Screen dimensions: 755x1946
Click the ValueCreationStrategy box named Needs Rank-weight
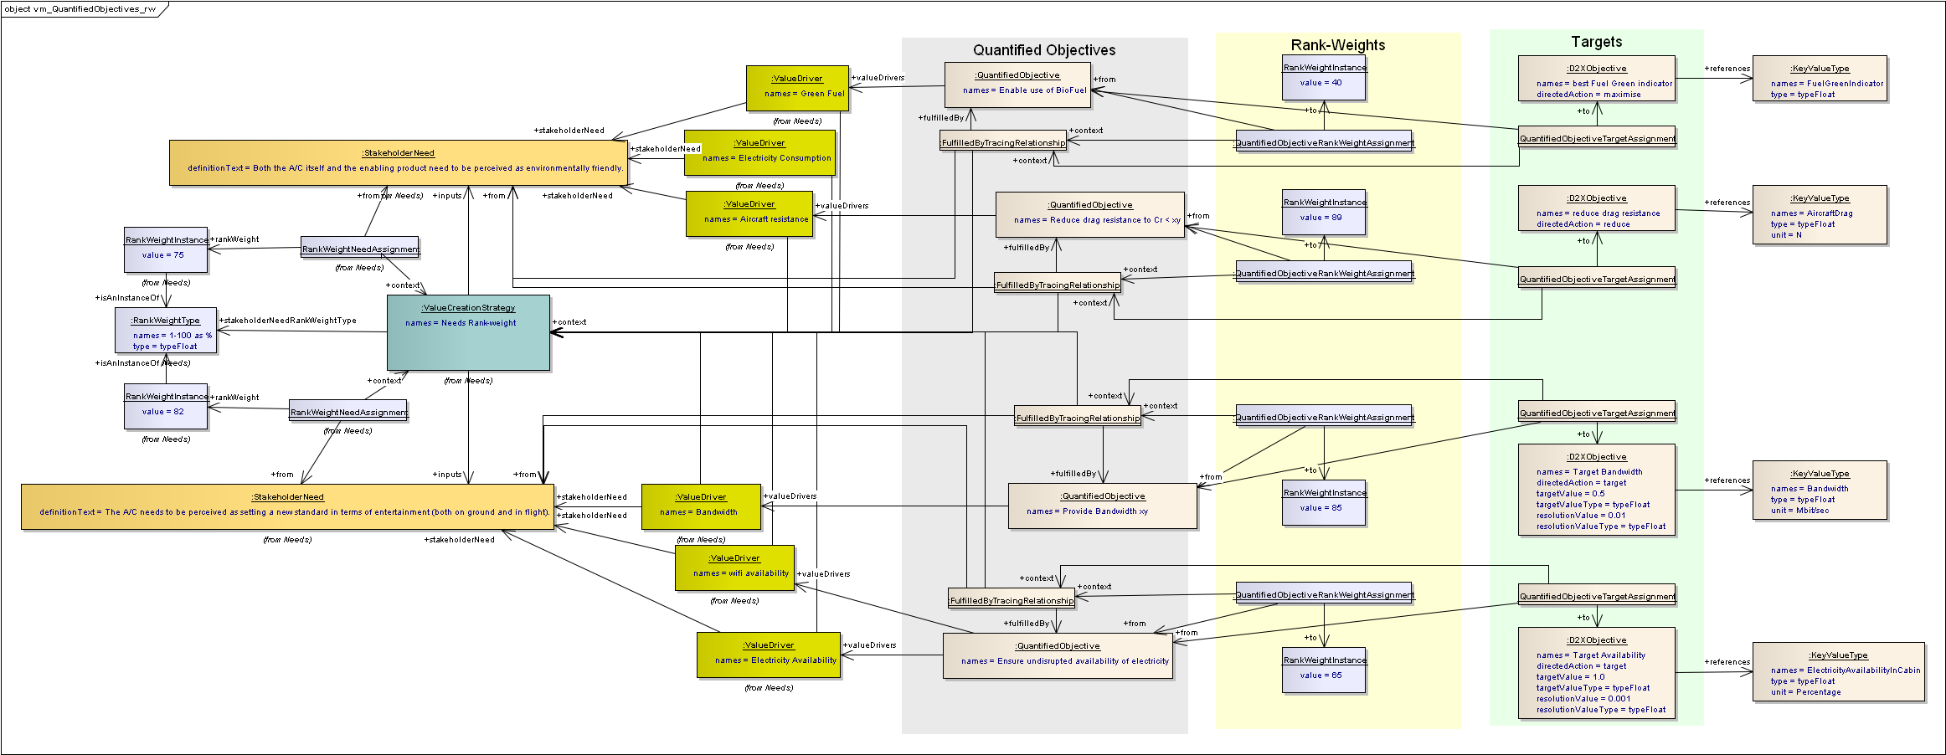point(468,332)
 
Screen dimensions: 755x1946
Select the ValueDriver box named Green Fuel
point(797,88)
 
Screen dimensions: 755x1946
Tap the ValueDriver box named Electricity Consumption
point(759,152)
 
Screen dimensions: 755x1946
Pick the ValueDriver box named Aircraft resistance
point(749,213)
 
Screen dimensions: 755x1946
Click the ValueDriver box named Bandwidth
point(701,506)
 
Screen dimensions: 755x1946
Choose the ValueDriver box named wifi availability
point(734,568)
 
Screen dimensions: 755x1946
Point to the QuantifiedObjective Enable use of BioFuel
point(1017,85)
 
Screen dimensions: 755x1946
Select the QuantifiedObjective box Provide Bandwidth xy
point(1102,506)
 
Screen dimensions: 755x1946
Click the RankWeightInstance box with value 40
point(1324,77)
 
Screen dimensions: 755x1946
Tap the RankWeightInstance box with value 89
point(1324,212)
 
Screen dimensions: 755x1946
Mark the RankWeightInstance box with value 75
point(166,249)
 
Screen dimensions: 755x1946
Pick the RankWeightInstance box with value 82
point(166,406)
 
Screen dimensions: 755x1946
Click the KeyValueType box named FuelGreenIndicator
point(1820,79)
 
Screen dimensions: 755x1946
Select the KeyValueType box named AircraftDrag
point(1820,215)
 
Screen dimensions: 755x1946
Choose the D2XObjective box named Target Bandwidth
point(1596,490)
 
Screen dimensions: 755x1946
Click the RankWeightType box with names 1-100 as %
point(166,331)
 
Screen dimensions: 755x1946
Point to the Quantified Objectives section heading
point(1044,50)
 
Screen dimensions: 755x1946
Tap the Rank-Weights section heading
point(1337,45)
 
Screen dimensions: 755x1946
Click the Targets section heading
point(1596,42)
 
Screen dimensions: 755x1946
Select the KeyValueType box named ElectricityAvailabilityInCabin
point(1838,672)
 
